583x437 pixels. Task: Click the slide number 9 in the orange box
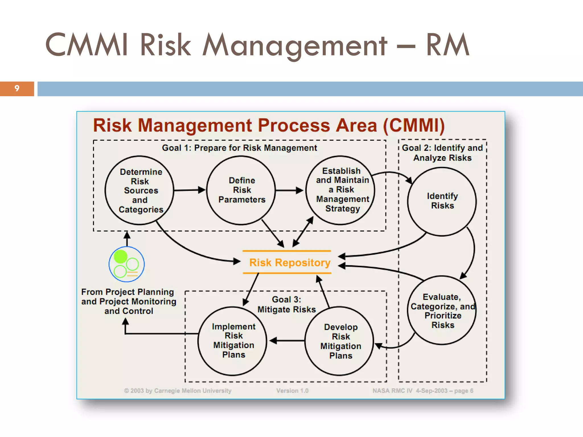click(x=17, y=88)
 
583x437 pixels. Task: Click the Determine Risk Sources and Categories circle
click(x=139, y=190)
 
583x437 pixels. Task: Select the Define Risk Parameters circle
click(x=241, y=190)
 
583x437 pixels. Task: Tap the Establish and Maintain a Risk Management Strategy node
click(x=341, y=190)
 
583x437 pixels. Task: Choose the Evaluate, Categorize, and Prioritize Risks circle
click(x=442, y=310)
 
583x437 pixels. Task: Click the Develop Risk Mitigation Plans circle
click(x=340, y=341)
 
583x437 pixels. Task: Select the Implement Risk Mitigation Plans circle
click(x=233, y=341)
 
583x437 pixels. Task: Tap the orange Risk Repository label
click(x=290, y=262)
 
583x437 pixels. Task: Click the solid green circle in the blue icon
click(x=120, y=257)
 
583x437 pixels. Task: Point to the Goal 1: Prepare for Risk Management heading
click(x=239, y=148)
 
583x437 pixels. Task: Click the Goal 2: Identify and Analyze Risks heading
click(x=442, y=153)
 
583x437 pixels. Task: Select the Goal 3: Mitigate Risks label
click(x=286, y=304)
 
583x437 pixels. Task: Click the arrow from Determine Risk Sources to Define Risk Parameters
click(x=189, y=190)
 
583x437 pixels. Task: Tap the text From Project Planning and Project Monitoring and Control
click(x=129, y=301)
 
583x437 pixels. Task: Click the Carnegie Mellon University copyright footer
click(x=178, y=391)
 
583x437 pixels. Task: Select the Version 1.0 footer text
click(x=292, y=391)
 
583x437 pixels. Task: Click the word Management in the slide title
click(x=295, y=46)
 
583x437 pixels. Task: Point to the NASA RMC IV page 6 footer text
click(x=423, y=391)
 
